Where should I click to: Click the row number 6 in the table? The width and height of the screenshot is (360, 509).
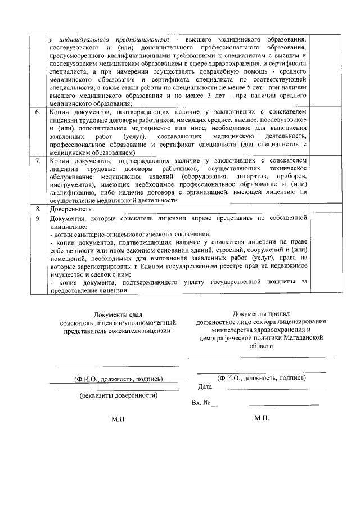tap(37, 113)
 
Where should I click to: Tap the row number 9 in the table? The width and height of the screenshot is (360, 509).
tap(37, 217)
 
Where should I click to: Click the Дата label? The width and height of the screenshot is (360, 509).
tap(205, 387)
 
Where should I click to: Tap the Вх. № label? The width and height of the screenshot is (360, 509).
tap(201, 403)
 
